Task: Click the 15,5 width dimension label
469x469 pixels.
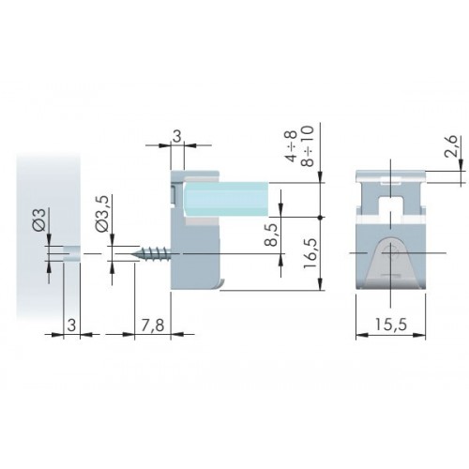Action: point(391,325)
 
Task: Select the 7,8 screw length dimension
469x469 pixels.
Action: point(153,325)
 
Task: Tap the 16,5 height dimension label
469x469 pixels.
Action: point(310,253)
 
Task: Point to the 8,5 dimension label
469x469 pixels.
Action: point(271,234)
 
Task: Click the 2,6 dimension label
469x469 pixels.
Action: point(451,145)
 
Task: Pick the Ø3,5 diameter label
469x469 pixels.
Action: point(102,214)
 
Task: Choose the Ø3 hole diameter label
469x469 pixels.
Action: point(39,219)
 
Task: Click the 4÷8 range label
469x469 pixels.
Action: point(292,146)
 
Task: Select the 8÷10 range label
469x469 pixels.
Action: point(308,146)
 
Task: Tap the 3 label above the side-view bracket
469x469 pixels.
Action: point(177,137)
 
